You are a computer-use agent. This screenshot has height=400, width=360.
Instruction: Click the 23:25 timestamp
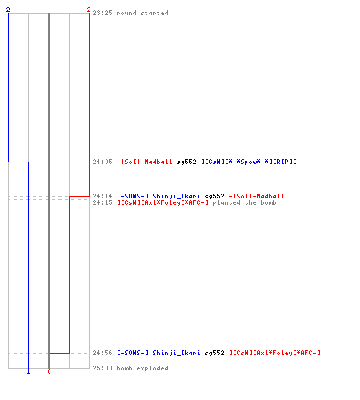point(102,13)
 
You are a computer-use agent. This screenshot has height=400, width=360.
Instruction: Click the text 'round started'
point(142,13)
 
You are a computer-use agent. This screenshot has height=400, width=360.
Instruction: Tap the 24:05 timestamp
point(102,162)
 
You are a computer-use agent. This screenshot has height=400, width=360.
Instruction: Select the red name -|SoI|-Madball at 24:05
point(145,162)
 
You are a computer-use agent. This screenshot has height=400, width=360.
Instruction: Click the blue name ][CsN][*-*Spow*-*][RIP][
point(249,162)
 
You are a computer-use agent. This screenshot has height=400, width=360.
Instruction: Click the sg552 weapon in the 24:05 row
point(186,162)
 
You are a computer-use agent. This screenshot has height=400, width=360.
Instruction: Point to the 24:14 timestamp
point(102,196)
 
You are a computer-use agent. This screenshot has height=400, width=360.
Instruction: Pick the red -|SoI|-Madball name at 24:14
point(257,196)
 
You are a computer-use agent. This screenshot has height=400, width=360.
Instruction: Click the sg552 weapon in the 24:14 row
point(214,196)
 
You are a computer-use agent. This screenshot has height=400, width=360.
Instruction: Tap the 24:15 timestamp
point(102,202)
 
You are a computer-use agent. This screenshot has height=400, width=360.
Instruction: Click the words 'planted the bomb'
point(244,202)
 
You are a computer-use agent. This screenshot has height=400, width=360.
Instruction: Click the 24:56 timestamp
point(102,353)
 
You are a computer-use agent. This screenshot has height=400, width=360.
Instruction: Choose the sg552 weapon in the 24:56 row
point(214,353)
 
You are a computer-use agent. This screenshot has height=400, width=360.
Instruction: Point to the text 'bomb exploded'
point(142,368)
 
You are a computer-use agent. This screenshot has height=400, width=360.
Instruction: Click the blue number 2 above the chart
point(8,10)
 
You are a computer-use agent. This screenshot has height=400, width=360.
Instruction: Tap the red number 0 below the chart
point(49,371)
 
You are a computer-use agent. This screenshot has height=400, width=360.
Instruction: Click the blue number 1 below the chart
point(28,371)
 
